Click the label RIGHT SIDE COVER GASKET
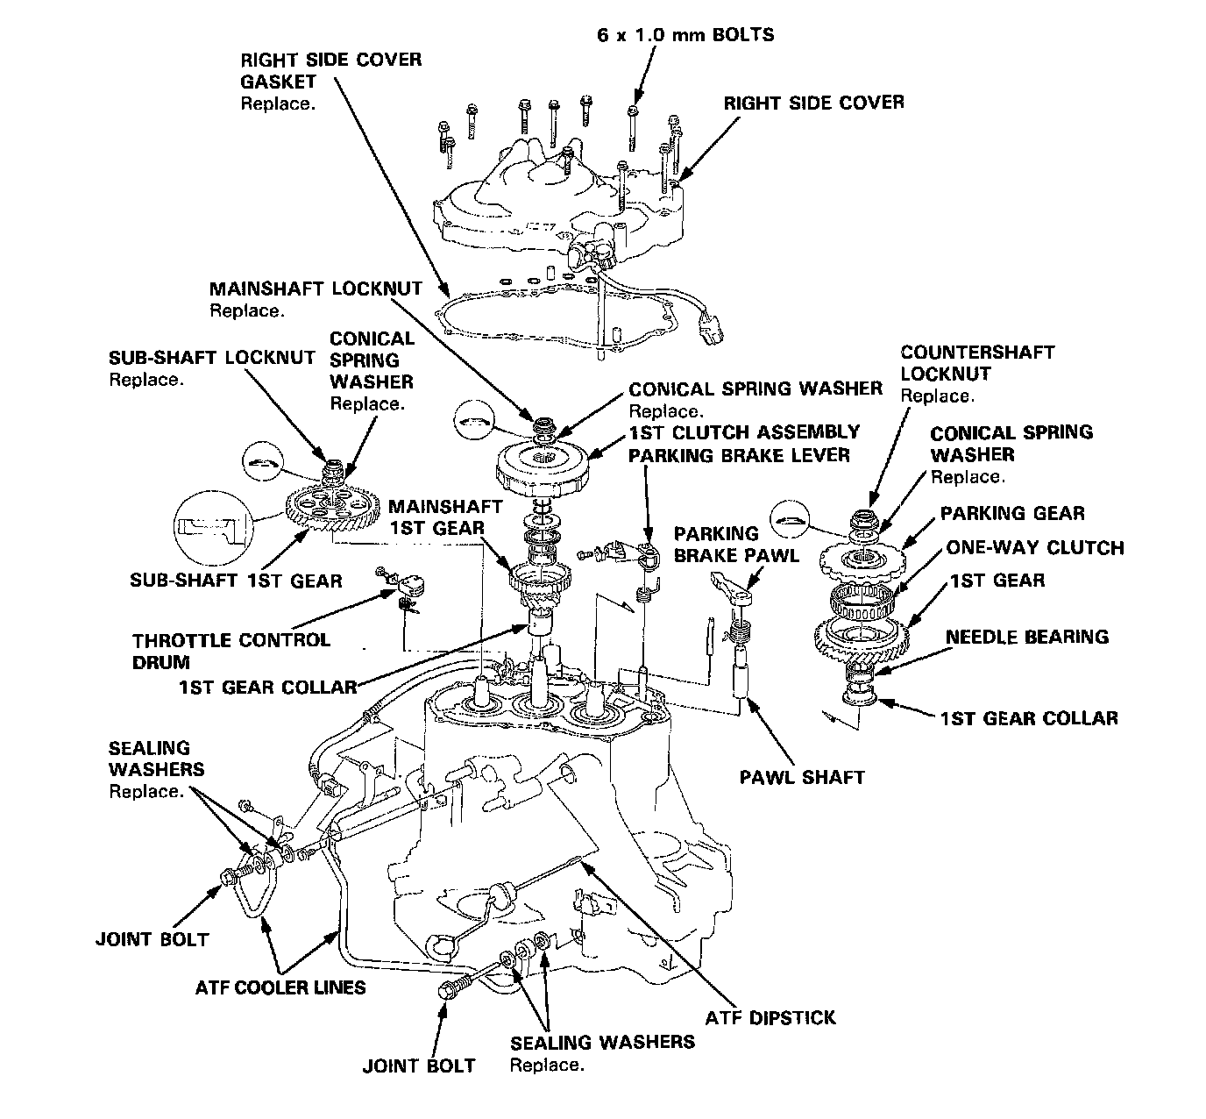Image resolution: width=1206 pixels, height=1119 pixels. tap(330, 70)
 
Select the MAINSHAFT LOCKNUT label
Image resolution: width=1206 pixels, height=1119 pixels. tap(315, 288)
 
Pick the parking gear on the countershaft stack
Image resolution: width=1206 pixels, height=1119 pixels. tap(859, 556)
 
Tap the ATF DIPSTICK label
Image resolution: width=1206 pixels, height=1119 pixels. tap(770, 1017)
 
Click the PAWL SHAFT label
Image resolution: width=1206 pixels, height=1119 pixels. tap(801, 776)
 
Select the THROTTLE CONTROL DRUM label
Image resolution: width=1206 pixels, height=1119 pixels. tap(231, 650)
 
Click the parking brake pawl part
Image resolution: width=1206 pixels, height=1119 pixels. tap(734, 587)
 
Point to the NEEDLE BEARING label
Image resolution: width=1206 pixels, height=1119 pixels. tap(1027, 637)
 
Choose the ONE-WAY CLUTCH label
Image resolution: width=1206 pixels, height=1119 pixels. tap(1034, 548)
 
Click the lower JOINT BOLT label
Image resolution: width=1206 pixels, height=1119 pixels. tap(419, 1066)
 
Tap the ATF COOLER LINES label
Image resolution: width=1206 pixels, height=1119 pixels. tap(280, 987)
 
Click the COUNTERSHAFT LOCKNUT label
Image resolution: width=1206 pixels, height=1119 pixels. tap(977, 362)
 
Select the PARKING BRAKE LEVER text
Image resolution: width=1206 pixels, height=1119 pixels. tap(739, 455)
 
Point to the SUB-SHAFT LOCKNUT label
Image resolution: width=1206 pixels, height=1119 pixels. tap(211, 357)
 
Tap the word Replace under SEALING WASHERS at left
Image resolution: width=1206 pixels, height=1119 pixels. tap(146, 792)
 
